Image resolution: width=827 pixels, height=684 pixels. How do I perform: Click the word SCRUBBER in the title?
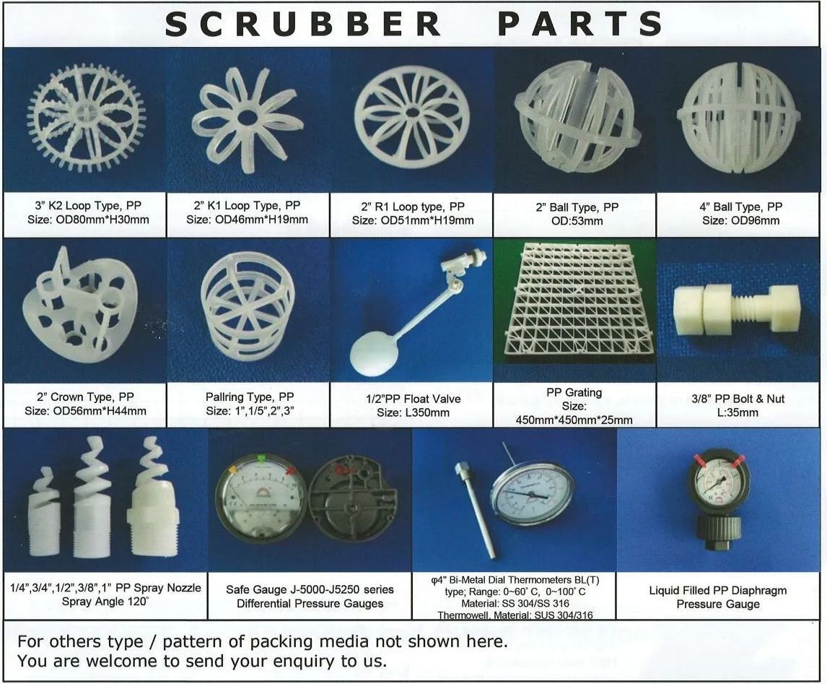point(303,24)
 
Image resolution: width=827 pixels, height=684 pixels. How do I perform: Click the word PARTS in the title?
point(579,24)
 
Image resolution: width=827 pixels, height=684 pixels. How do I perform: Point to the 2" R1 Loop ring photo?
point(411,117)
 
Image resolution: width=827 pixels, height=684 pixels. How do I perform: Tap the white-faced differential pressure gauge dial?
point(261,497)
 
